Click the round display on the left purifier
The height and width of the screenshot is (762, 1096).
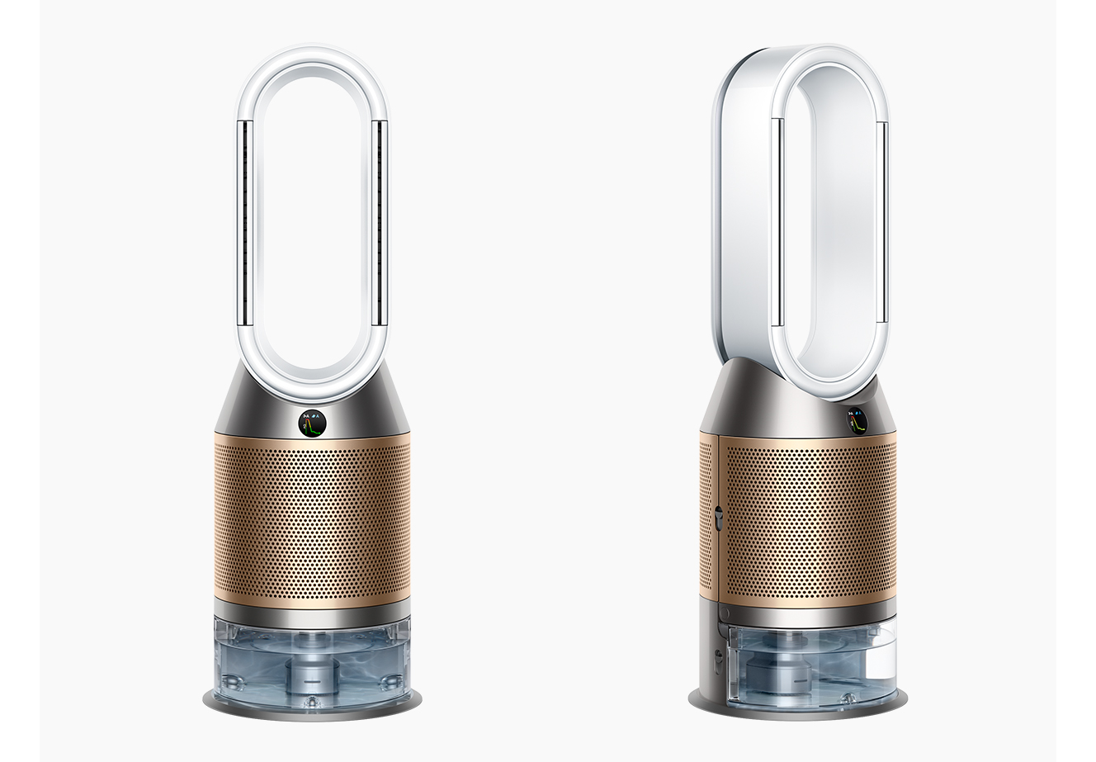click(x=312, y=423)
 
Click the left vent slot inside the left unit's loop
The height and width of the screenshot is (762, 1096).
click(x=245, y=223)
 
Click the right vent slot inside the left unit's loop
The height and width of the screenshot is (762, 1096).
click(x=380, y=223)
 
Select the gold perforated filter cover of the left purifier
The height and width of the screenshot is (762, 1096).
click(x=312, y=520)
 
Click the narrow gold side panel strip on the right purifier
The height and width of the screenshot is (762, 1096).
click(x=708, y=520)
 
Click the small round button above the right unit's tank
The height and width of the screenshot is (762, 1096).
click(x=724, y=615)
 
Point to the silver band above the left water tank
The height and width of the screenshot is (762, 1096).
click(x=312, y=612)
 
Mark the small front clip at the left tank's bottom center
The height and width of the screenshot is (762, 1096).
click(x=312, y=699)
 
